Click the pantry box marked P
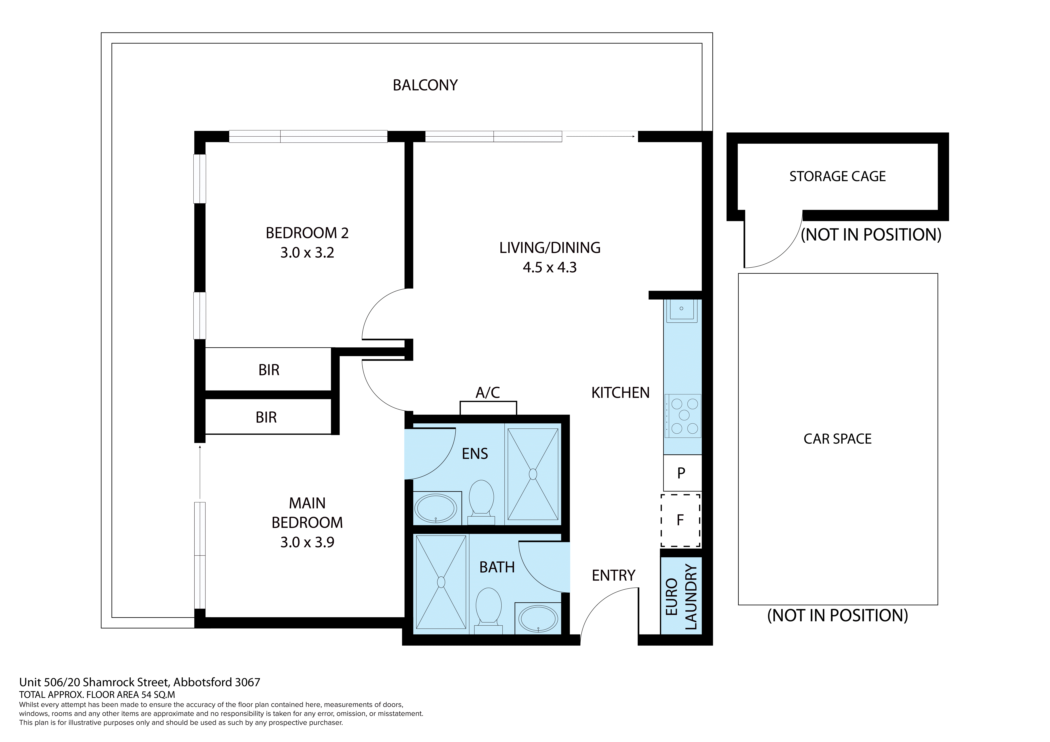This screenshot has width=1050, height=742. (681, 473)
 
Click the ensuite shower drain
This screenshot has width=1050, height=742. (533, 474)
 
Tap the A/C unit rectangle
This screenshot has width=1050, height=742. (488, 408)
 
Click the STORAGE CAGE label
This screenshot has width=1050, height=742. (837, 176)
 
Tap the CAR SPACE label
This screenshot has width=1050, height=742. (837, 439)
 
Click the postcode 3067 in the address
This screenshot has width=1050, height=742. (247, 683)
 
